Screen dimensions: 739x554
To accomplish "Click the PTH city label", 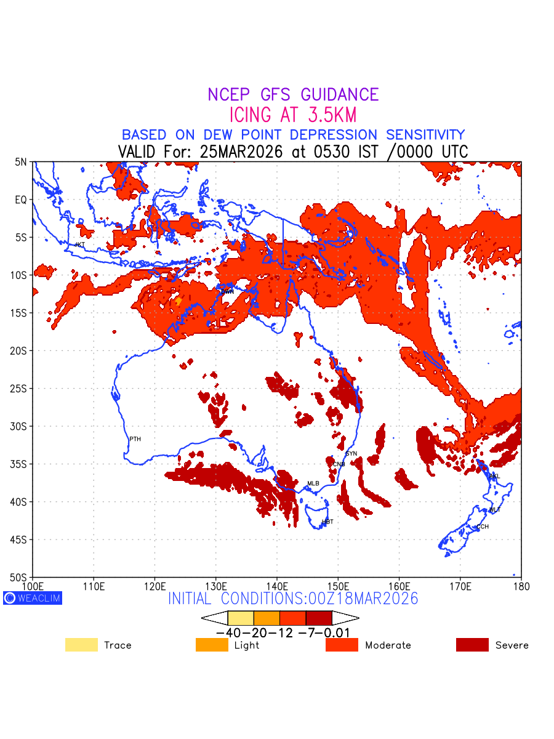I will [x=135, y=439].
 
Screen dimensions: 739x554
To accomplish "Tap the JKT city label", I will [x=79, y=244].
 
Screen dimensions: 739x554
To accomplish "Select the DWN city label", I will [x=228, y=291].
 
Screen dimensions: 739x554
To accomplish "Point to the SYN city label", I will [x=351, y=454].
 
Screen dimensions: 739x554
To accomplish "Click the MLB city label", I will [x=313, y=483].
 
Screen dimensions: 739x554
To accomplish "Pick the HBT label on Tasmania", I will [x=327, y=522].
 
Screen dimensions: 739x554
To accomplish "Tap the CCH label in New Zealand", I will [x=483, y=527].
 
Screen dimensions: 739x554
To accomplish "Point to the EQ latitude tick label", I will [x=21, y=200].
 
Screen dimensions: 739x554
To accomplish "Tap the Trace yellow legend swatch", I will [x=81, y=645].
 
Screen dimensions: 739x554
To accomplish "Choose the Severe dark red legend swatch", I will [x=472, y=645].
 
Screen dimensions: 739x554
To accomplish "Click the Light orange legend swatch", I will [x=212, y=645].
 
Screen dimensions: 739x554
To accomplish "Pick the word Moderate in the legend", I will [x=388, y=645].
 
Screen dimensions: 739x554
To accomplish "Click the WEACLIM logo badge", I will [x=33, y=597].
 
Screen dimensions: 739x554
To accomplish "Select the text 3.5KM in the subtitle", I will [x=329, y=115].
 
